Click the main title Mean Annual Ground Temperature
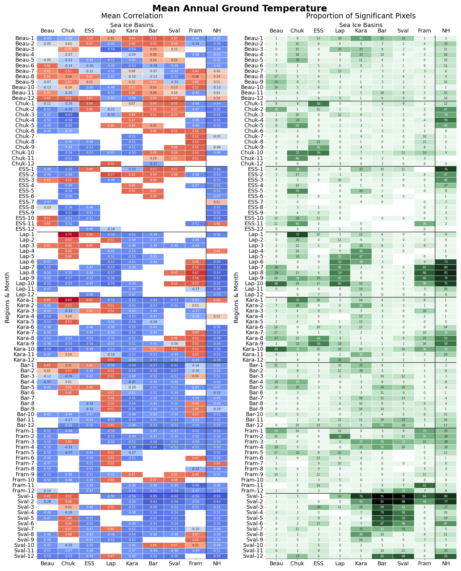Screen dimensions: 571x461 [x=239, y=8]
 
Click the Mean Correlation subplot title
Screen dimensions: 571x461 [x=132, y=16]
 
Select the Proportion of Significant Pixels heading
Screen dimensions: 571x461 [x=360, y=16]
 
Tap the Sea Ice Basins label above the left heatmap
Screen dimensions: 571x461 [x=132, y=25]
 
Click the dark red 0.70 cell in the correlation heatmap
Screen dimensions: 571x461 [x=68, y=234]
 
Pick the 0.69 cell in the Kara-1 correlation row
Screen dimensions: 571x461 [x=68, y=300]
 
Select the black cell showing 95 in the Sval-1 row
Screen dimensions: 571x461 [x=382, y=496]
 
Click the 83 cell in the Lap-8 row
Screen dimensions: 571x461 [x=446, y=273]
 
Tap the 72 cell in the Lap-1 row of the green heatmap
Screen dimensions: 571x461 [x=297, y=234]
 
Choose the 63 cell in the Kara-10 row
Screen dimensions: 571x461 [x=276, y=349]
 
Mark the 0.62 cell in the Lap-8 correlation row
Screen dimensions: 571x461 [x=196, y=273]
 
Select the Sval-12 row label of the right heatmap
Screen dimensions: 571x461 [x=254, y=556]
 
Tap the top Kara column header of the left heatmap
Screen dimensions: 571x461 [x=132, y=31]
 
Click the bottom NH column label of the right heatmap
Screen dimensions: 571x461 [x=446, y=563]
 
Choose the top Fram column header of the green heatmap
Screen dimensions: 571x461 [x=424, y=31]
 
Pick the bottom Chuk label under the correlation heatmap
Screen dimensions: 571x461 [x=68, y=563]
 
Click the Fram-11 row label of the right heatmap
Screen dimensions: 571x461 [x=253, y=485]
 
